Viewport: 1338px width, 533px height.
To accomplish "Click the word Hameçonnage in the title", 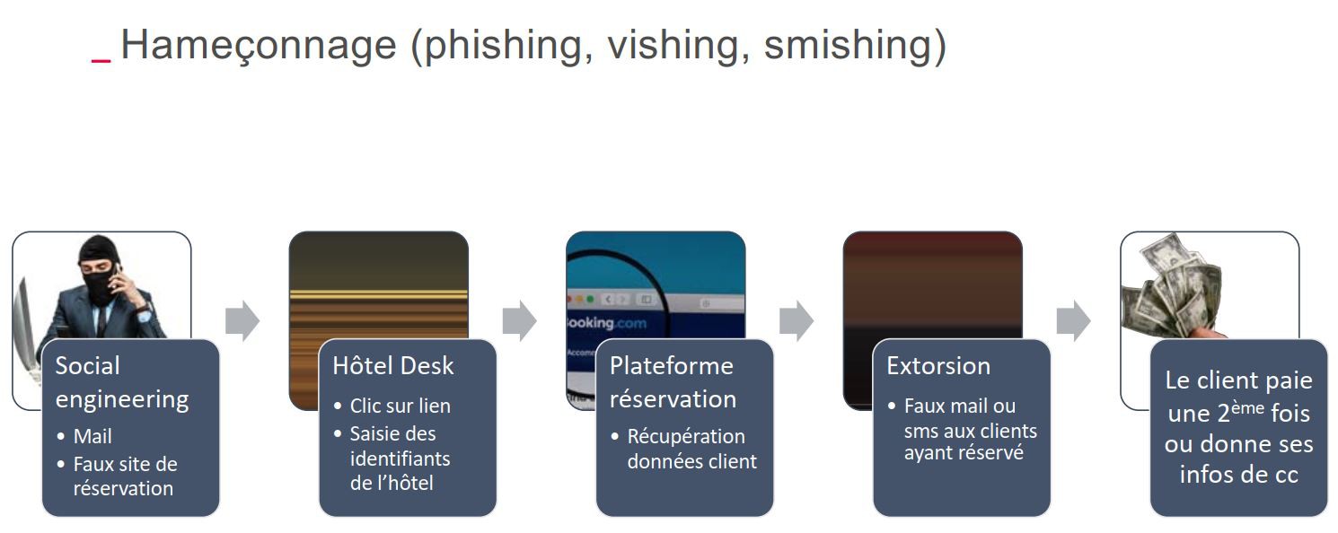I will point(259,45).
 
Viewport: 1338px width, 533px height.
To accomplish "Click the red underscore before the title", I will point(101,59).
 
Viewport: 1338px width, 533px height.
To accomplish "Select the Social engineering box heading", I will point(122,382).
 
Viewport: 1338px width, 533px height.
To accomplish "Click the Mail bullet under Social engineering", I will point(92,437).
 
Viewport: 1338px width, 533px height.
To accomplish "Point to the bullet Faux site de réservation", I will point(125,476).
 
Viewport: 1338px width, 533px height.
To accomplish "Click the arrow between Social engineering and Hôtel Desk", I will point(242,321).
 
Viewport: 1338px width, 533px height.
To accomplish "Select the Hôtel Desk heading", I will point(392,366).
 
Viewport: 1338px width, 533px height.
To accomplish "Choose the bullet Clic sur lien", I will point(400,406).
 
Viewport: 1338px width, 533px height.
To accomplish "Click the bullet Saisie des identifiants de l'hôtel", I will point(401,458).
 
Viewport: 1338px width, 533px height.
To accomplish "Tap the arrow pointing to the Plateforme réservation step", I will point(519,321).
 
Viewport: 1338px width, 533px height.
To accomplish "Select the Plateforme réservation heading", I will point(673,382).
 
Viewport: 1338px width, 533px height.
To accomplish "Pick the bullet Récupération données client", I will point(686,449).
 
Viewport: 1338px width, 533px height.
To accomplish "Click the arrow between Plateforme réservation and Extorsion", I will point(797,321).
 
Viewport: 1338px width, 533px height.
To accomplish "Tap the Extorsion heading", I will point(937,366).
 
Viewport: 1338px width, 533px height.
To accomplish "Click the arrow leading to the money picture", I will point(1074,321).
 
